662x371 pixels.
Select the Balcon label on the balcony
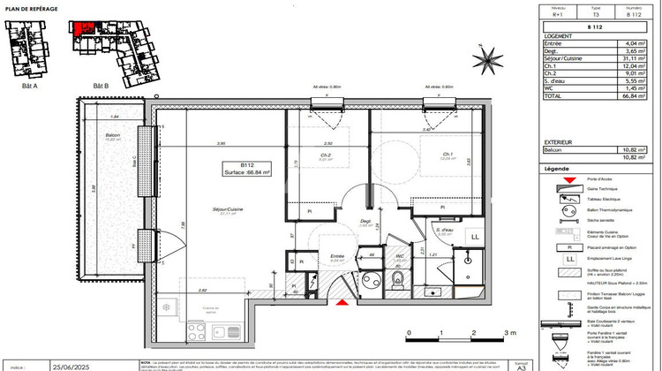point(112,135)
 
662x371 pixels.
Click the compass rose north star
point(485,60)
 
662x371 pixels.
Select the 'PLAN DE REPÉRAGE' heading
point(32,8)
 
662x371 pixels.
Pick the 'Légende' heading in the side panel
point(557,168)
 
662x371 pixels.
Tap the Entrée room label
point(312,257)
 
